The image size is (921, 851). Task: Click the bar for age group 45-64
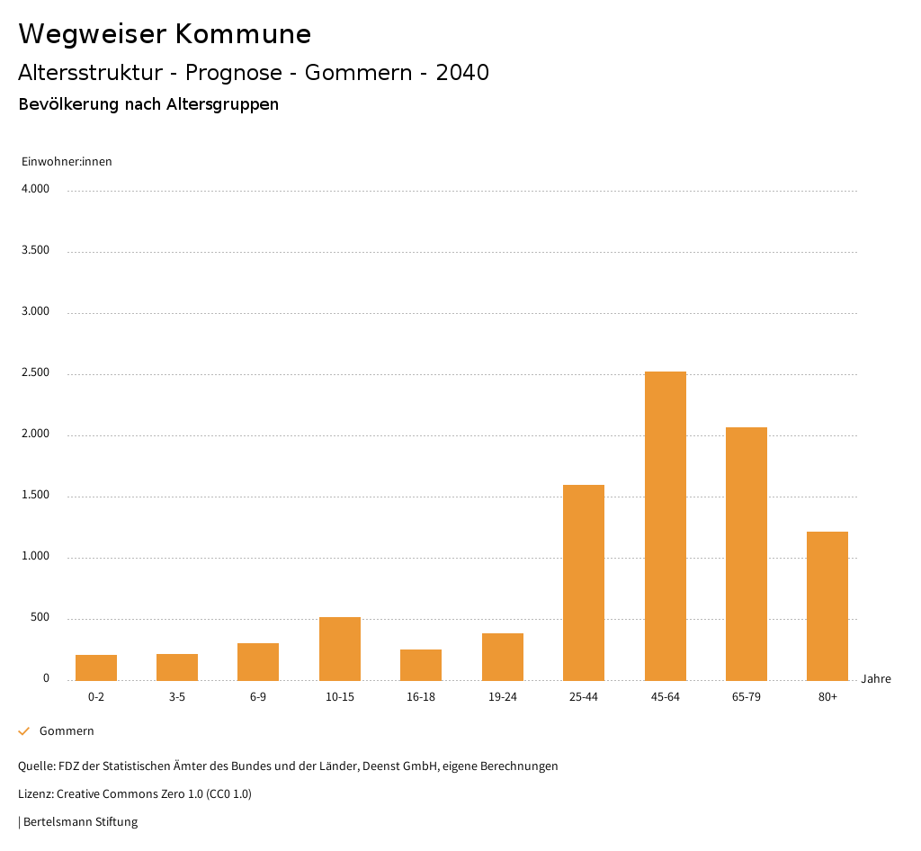pyautogui.click(x=665, y=526)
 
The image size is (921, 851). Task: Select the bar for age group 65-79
pyautogui.click(x=746, y=553)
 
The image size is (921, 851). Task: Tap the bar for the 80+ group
pyautogui.click(x=827, y=605)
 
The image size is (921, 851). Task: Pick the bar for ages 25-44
pyautogui.click(x=583, y=582)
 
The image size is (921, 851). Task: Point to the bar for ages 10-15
pyautogui.click(x=339, y=649)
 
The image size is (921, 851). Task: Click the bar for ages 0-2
pyautogui.click(x=96, y=667)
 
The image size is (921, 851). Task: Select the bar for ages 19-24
pyautogui.click(x=502, y=657)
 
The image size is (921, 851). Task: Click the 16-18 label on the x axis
pyautogui.click(x=421, y=697)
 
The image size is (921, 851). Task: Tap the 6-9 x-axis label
pyautogui.click(x=258, y=697)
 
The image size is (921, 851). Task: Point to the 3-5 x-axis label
pyautogui.click(x=177, y=697)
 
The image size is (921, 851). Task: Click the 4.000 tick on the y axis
pyautogui.click(x=35, y=190)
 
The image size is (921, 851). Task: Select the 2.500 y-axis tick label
pyautogui.click(x=35, y=373)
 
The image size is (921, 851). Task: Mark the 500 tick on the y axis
pyautogui.click(x=40, y=618)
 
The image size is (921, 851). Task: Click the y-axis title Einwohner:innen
pyautogui.click(x=67, y=162)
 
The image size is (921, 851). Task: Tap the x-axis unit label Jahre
pyautogui.click(x=875, y=679)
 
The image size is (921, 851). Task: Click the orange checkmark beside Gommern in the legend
pyautogui.click(x=24, y=731)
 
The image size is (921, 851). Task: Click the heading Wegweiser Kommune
pyautogui.click(x=165, y=34)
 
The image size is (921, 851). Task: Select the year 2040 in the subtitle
pyautogui.click(x=462, y=73)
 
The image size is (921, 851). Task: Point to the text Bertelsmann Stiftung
pyautogui.click(x=80, y=821)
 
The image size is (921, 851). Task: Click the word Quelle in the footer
pyautogui.click(x=35, y=766)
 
